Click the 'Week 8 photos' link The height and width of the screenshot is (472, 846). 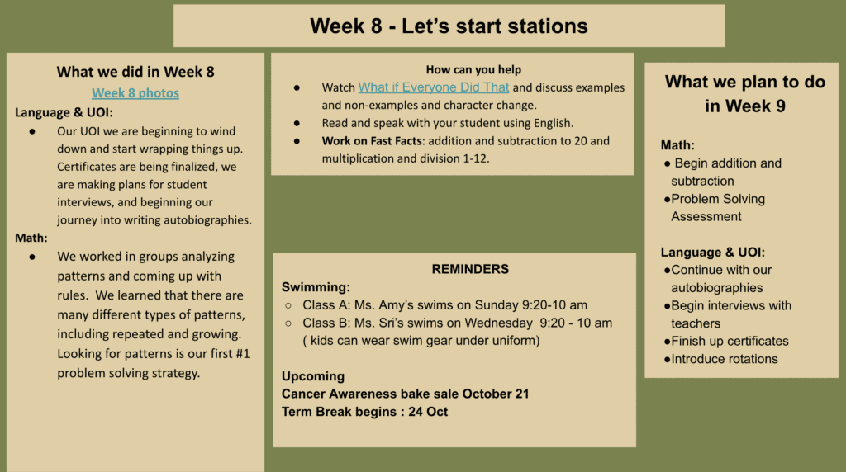135,93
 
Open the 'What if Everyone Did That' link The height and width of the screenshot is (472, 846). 434,87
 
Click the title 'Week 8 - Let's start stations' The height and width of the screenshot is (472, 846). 449,26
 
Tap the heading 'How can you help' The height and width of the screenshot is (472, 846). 473,69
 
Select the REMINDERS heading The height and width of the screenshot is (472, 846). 470,269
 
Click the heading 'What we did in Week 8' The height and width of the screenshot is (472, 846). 135,72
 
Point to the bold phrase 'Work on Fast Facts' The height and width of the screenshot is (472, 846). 372,140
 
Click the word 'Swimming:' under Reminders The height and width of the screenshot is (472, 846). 316,287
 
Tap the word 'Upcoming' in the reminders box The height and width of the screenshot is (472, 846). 313,376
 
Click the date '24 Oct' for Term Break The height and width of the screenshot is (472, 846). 428,412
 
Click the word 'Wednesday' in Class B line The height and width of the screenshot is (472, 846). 498,323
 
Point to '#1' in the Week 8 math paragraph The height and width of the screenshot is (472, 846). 243,353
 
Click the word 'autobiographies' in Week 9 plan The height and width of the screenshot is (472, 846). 717,288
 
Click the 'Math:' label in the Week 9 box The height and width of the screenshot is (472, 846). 677,145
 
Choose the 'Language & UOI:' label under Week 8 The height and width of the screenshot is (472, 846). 64,112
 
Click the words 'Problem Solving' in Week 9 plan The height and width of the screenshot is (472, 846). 718,199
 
